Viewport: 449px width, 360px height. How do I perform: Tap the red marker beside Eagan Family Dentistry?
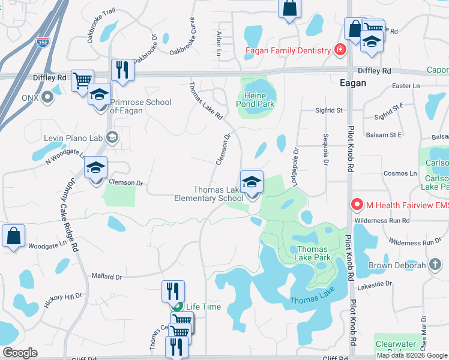340,49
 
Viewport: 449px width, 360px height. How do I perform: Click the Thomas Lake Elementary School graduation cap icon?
252,182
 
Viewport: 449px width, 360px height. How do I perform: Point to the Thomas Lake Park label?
312,253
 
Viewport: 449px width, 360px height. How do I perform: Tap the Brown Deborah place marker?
434,265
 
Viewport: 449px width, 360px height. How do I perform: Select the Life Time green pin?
176,307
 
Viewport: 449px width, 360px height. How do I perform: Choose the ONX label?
30,97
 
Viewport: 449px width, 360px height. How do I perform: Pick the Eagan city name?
352,83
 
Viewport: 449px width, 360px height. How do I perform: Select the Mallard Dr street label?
106,277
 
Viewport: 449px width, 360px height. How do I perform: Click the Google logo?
20,353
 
